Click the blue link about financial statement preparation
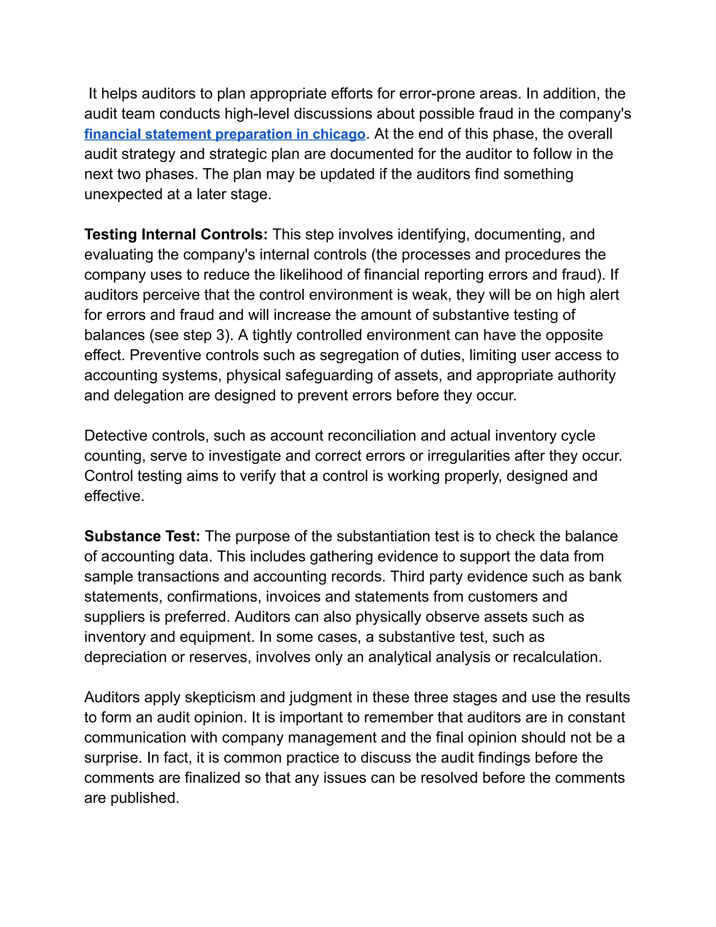tap(224, 134)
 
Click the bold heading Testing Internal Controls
tap(176, 235)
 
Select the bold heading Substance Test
tap(142, 537)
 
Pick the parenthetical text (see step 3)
tap(191, 335)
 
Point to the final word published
tap(145, 798)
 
